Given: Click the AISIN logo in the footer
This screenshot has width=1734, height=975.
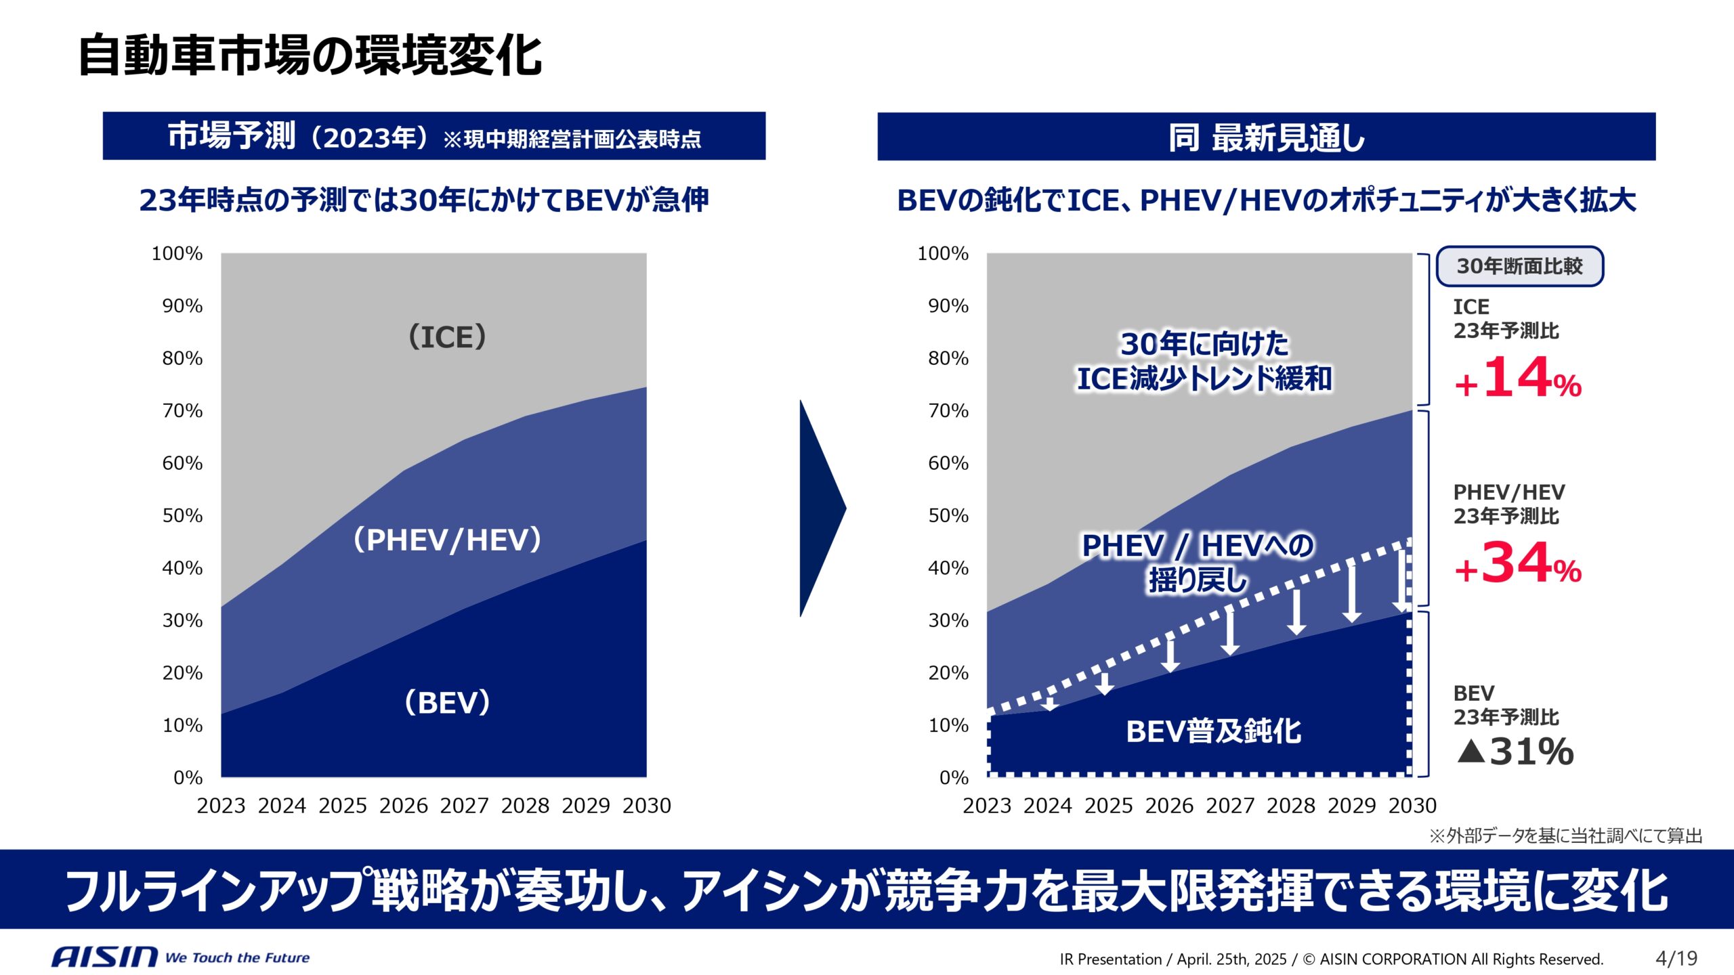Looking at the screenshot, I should [x=104, y=957].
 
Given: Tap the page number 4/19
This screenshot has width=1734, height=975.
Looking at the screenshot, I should [x=1676, y=958].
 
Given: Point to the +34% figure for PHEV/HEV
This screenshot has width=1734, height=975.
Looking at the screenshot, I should [x=1518, y=563].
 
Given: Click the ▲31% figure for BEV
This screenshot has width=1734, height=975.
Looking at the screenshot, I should [x=1515, y=752].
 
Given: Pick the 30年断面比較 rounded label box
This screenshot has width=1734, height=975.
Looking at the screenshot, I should [x=1519, y=266].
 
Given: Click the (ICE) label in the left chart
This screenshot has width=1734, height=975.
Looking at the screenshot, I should [x=447, y=337].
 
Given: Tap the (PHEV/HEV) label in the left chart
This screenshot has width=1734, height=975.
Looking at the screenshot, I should [x=447, y=540].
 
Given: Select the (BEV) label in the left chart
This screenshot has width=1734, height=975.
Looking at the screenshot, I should [x=447, y=702].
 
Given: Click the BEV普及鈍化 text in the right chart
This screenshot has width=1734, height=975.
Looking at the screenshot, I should [x=1213, y=731].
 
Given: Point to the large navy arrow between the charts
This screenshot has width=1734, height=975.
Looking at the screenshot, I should [x=822, y=508].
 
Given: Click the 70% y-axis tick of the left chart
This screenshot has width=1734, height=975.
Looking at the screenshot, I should [x=182, y=411].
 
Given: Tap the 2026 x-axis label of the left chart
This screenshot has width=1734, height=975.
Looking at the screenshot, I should [x=404, y=806].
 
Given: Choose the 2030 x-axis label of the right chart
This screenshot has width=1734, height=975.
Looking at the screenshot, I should [x=1412, y=806].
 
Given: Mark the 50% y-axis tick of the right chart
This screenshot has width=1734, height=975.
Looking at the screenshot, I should [x=948, y=516].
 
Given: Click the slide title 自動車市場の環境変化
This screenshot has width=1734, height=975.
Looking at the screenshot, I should [x=310, y=56].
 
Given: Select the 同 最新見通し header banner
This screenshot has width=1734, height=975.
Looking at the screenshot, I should [x=1266, y=137].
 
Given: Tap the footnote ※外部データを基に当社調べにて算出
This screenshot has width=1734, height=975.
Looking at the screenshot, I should [x=1565, y=836].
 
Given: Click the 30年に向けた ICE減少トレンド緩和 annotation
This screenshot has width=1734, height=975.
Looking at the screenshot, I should [x=1204, y=361].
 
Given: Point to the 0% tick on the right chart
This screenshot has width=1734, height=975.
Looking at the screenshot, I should [x=954, y=778].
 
